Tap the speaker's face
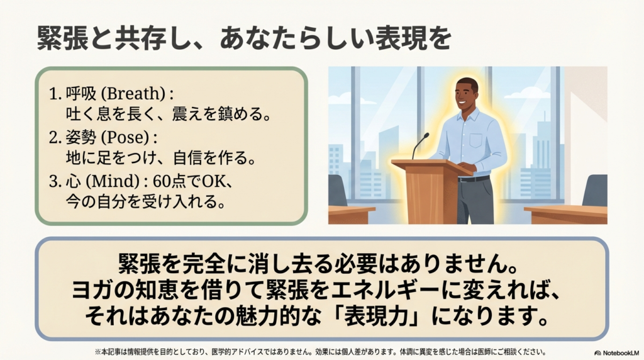pos(466,94)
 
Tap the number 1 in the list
pos(53,95)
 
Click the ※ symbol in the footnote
pos(97,352)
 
